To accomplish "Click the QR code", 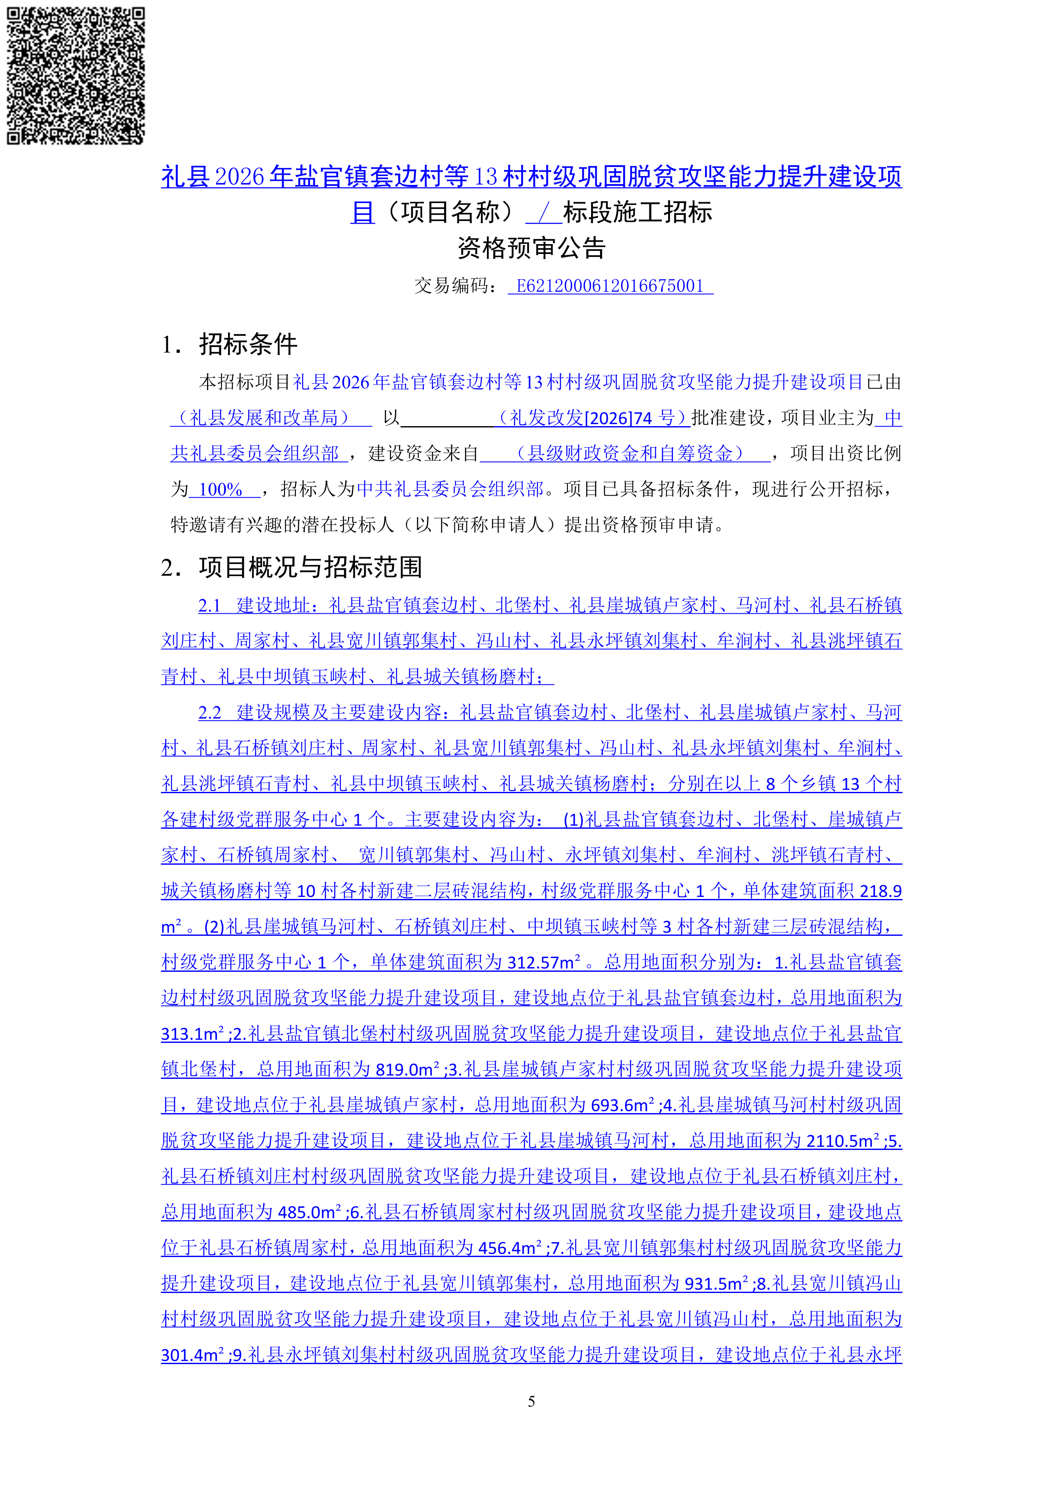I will pyautogui.click(x=75, y=75).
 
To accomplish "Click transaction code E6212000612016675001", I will pyautogui.click(x=610, y=286).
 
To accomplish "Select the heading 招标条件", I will pyautogui.click(x=248, y=344).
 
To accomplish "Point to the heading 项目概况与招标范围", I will pyautogui.click(x=310, y=567).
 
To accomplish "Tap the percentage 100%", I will pyautogui.click(x=221, y=490).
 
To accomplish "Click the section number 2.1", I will pyautogui.click(x=210, y=606).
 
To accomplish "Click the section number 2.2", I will pyautogui.click(x=210, y=712).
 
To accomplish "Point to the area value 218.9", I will pyautogui.click(x=880, y=891).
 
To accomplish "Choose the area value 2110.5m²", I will pyautogui.click(x=842, y=1141).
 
